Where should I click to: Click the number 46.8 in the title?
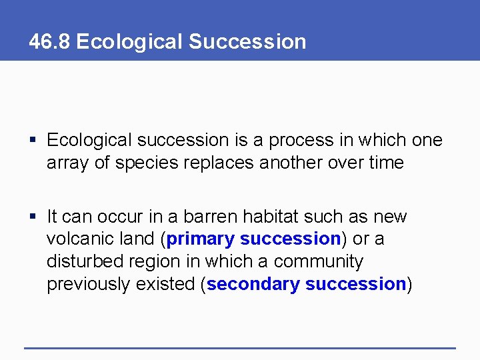[x=50, y=41]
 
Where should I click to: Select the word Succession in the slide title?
[x=247, y=41]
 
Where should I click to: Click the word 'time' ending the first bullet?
[x=385, y=163]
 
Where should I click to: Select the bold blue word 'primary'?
[x=201, y=239]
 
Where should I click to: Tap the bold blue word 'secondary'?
[x=253, y=285]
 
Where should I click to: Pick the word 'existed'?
[x=167, y=284]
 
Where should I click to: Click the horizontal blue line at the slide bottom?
[x=240, y=348]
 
